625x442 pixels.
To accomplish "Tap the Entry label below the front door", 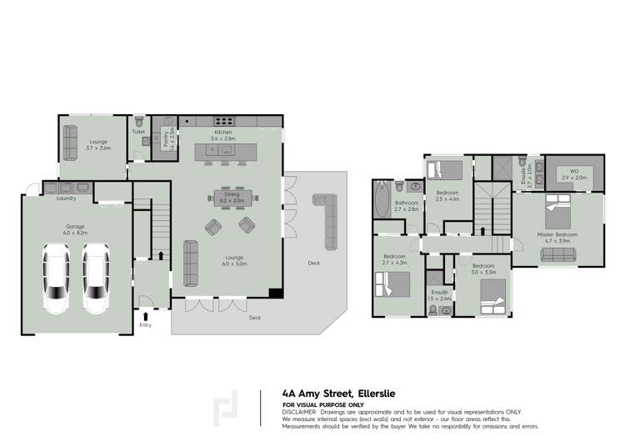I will tap(146, 324).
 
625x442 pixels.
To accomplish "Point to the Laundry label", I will tap(67, 198).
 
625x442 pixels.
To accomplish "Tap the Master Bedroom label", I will tap(557, 234).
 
